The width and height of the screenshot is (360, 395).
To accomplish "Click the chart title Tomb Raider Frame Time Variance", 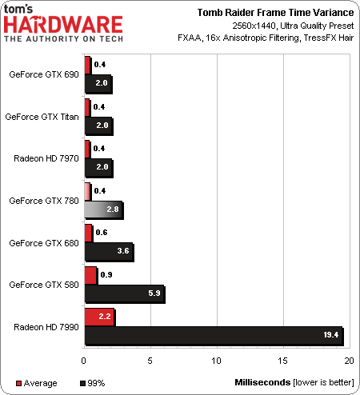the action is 275,13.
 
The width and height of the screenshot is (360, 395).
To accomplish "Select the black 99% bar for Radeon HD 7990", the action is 214,336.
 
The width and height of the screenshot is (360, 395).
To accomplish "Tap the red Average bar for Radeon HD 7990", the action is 100,317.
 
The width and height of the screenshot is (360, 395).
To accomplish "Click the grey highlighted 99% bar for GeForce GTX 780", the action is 104,210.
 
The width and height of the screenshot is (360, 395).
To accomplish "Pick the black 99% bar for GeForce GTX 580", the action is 125,294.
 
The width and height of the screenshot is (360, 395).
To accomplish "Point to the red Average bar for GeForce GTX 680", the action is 89,233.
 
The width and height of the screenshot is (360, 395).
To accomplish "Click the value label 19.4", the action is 331,335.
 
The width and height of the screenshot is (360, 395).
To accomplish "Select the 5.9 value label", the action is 154,293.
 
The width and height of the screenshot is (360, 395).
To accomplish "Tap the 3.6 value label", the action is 123,251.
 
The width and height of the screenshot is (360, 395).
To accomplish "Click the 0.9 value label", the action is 106,275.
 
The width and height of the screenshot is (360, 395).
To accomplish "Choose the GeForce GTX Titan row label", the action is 42,117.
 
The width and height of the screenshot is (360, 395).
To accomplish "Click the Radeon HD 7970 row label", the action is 46,158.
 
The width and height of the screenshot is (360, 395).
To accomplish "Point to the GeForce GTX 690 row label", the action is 44,74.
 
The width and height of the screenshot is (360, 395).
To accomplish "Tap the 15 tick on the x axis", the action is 282,361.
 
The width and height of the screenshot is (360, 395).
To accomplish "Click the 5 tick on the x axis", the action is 150,361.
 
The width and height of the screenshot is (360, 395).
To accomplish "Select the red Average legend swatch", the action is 18,383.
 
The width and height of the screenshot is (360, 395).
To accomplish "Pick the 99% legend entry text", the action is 96,383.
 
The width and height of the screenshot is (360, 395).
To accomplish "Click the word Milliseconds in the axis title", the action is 262,382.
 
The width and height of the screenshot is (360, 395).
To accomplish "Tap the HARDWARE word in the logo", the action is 63,25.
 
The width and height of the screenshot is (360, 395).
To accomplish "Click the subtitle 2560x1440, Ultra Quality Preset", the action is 293,26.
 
